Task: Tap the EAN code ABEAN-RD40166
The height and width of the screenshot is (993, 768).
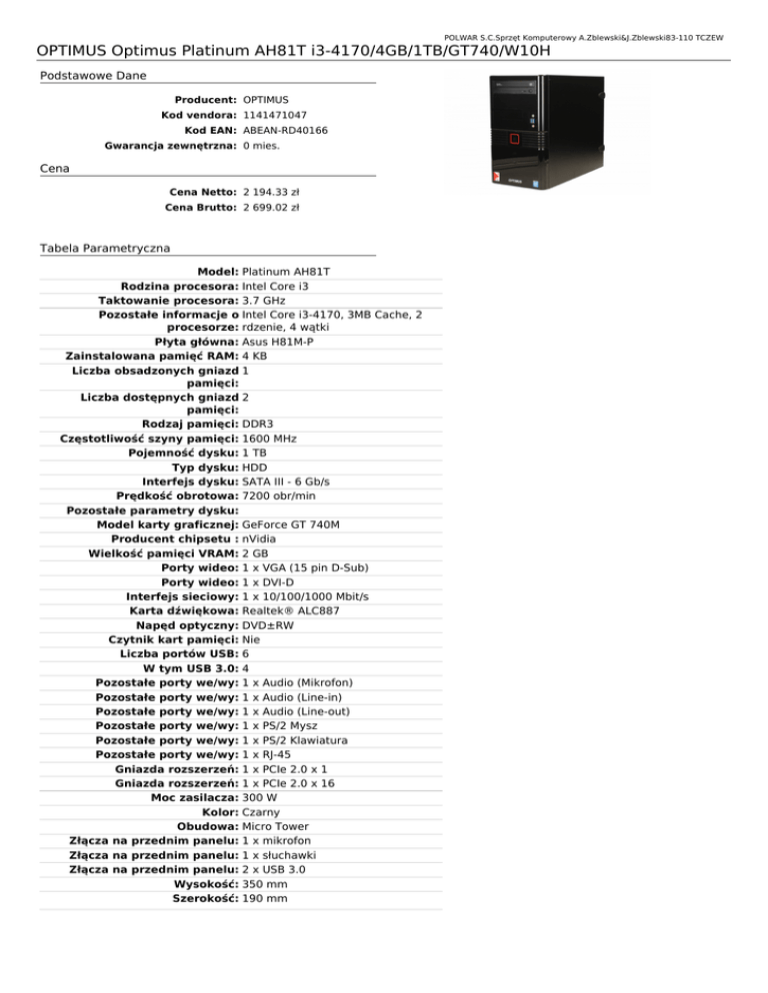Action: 285,130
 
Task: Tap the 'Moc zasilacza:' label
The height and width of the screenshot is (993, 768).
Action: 192,798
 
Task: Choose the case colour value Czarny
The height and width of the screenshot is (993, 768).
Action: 263,813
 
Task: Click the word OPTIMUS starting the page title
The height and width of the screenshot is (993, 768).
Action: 70,50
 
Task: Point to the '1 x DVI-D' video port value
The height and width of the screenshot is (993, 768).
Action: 271,581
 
